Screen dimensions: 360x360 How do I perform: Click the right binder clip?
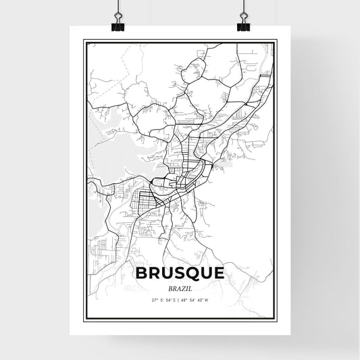(242, 22)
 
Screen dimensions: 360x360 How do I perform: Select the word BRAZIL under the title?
(180, 287)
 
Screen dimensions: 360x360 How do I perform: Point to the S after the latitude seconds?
(174, 299)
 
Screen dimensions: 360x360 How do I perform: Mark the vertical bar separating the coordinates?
(180, 299)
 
